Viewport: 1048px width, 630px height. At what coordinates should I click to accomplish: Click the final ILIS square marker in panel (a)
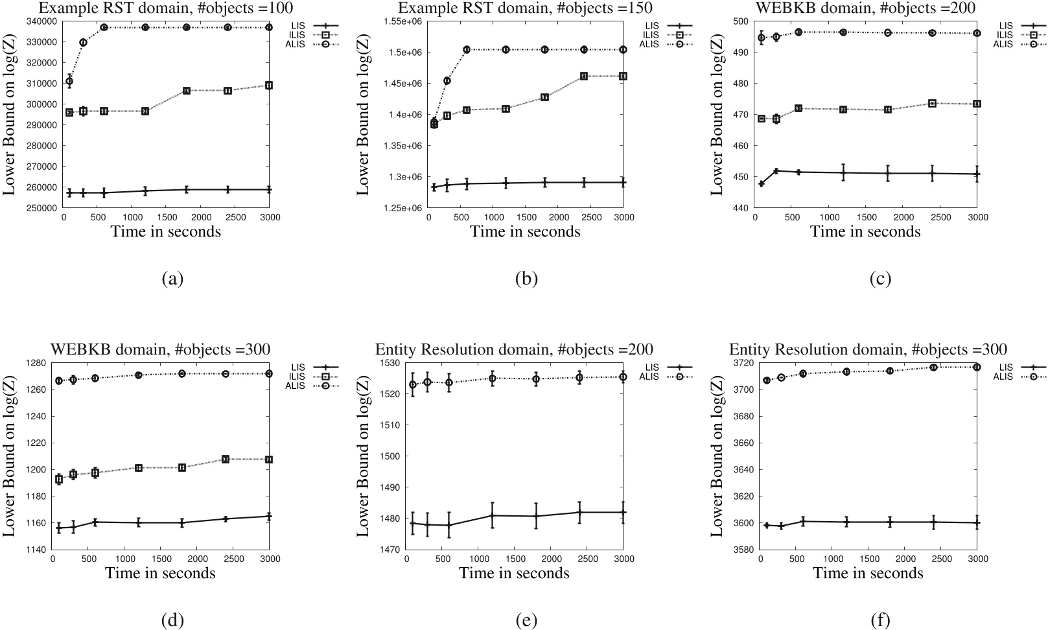point(269,86)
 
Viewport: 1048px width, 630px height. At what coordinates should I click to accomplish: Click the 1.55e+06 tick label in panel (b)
point(403,21)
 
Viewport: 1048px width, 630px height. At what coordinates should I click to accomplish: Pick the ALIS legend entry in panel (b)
point(650,43)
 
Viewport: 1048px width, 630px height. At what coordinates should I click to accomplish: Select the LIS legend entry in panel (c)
point(1006,25)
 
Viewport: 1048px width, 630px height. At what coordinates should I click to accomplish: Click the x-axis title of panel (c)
point(865,231)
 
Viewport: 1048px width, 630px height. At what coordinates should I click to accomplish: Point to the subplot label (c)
point(880,279)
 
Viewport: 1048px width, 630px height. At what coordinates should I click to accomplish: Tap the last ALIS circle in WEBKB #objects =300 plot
point(269,374)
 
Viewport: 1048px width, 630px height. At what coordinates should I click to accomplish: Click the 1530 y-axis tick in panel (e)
point(391,363)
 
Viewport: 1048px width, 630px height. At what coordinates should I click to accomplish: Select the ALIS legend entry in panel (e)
point(650,376)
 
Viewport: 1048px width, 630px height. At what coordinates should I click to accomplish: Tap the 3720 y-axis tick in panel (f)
point(745,363)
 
